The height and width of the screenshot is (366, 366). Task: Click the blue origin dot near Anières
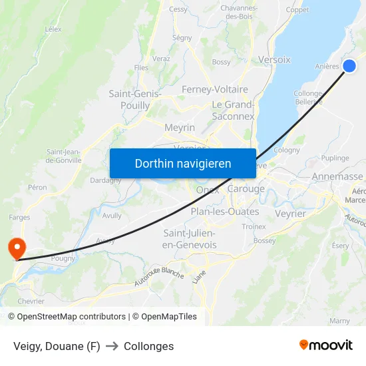coord(349,66)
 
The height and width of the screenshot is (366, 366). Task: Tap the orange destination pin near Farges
coord(15,248)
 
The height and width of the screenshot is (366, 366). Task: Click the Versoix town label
coord(274,59)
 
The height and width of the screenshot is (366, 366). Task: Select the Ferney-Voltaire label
coord(214,89)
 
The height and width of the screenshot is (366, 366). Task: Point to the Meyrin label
coord(180,127)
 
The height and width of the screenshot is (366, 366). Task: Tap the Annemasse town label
coord(337,176)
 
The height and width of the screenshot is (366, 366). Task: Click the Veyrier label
coord(290,214)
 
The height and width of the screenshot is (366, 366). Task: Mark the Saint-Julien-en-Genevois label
coord(190,239)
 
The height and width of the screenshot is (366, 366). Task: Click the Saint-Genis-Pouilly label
coord(135,100)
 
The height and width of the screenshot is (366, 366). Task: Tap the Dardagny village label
coord(106,180)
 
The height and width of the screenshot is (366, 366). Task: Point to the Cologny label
coord(287,150)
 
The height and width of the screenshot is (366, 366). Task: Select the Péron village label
coord(37,188)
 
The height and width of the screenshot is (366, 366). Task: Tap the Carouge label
coord(246,189)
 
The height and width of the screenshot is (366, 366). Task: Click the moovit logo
coord(325,345)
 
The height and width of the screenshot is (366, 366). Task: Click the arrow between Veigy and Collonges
coord(112,346)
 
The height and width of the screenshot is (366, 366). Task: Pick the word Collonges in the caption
coord(148,346)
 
